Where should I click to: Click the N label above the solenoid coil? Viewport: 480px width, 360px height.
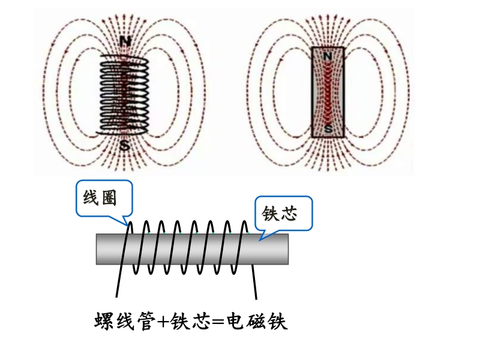(x=125, y=41)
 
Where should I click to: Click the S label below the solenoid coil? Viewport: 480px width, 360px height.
(x=125, y=145)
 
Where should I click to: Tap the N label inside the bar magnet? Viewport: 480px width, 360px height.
(x=328, y=56)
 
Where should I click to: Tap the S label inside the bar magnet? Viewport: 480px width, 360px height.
(x=328, y=128)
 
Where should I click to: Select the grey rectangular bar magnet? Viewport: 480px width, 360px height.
(x=328, y=93)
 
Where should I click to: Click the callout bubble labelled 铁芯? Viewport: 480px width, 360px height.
(x=283, y=213)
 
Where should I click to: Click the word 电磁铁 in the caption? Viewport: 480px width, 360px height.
(x=257, y=322)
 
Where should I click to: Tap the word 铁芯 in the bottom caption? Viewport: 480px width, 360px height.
(x=188, y=322)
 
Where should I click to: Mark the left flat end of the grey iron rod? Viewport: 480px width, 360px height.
(x=98, y=249)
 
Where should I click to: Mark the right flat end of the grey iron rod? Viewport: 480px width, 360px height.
(x=287, y=249)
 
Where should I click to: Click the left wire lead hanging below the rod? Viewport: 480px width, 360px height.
(x=119, y=282)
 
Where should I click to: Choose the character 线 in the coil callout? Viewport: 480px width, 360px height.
(x=91, y=198)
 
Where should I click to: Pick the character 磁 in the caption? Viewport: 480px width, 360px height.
(x=257, y=322)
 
